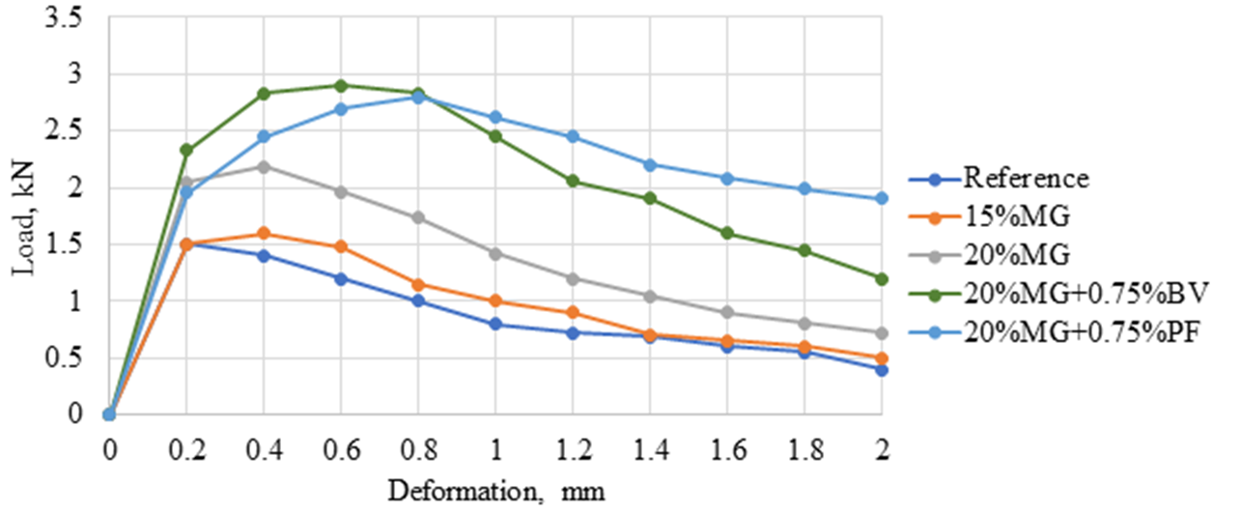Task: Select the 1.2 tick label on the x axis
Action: click(573, 451)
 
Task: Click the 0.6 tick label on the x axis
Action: click(341, 451)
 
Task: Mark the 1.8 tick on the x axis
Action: click(804, 451)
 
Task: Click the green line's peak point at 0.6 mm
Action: click(341, 85)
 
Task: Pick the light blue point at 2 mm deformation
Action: click(881, 198)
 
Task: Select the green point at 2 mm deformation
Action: click(881, 278)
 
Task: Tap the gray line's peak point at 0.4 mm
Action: click(264, 166)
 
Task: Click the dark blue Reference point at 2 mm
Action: click(881, 369)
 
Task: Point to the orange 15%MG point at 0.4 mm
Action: click(264, 234)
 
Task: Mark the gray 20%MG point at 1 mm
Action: click(495, 253)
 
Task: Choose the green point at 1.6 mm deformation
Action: click(727, 233)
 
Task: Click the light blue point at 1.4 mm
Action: click(650, 164)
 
